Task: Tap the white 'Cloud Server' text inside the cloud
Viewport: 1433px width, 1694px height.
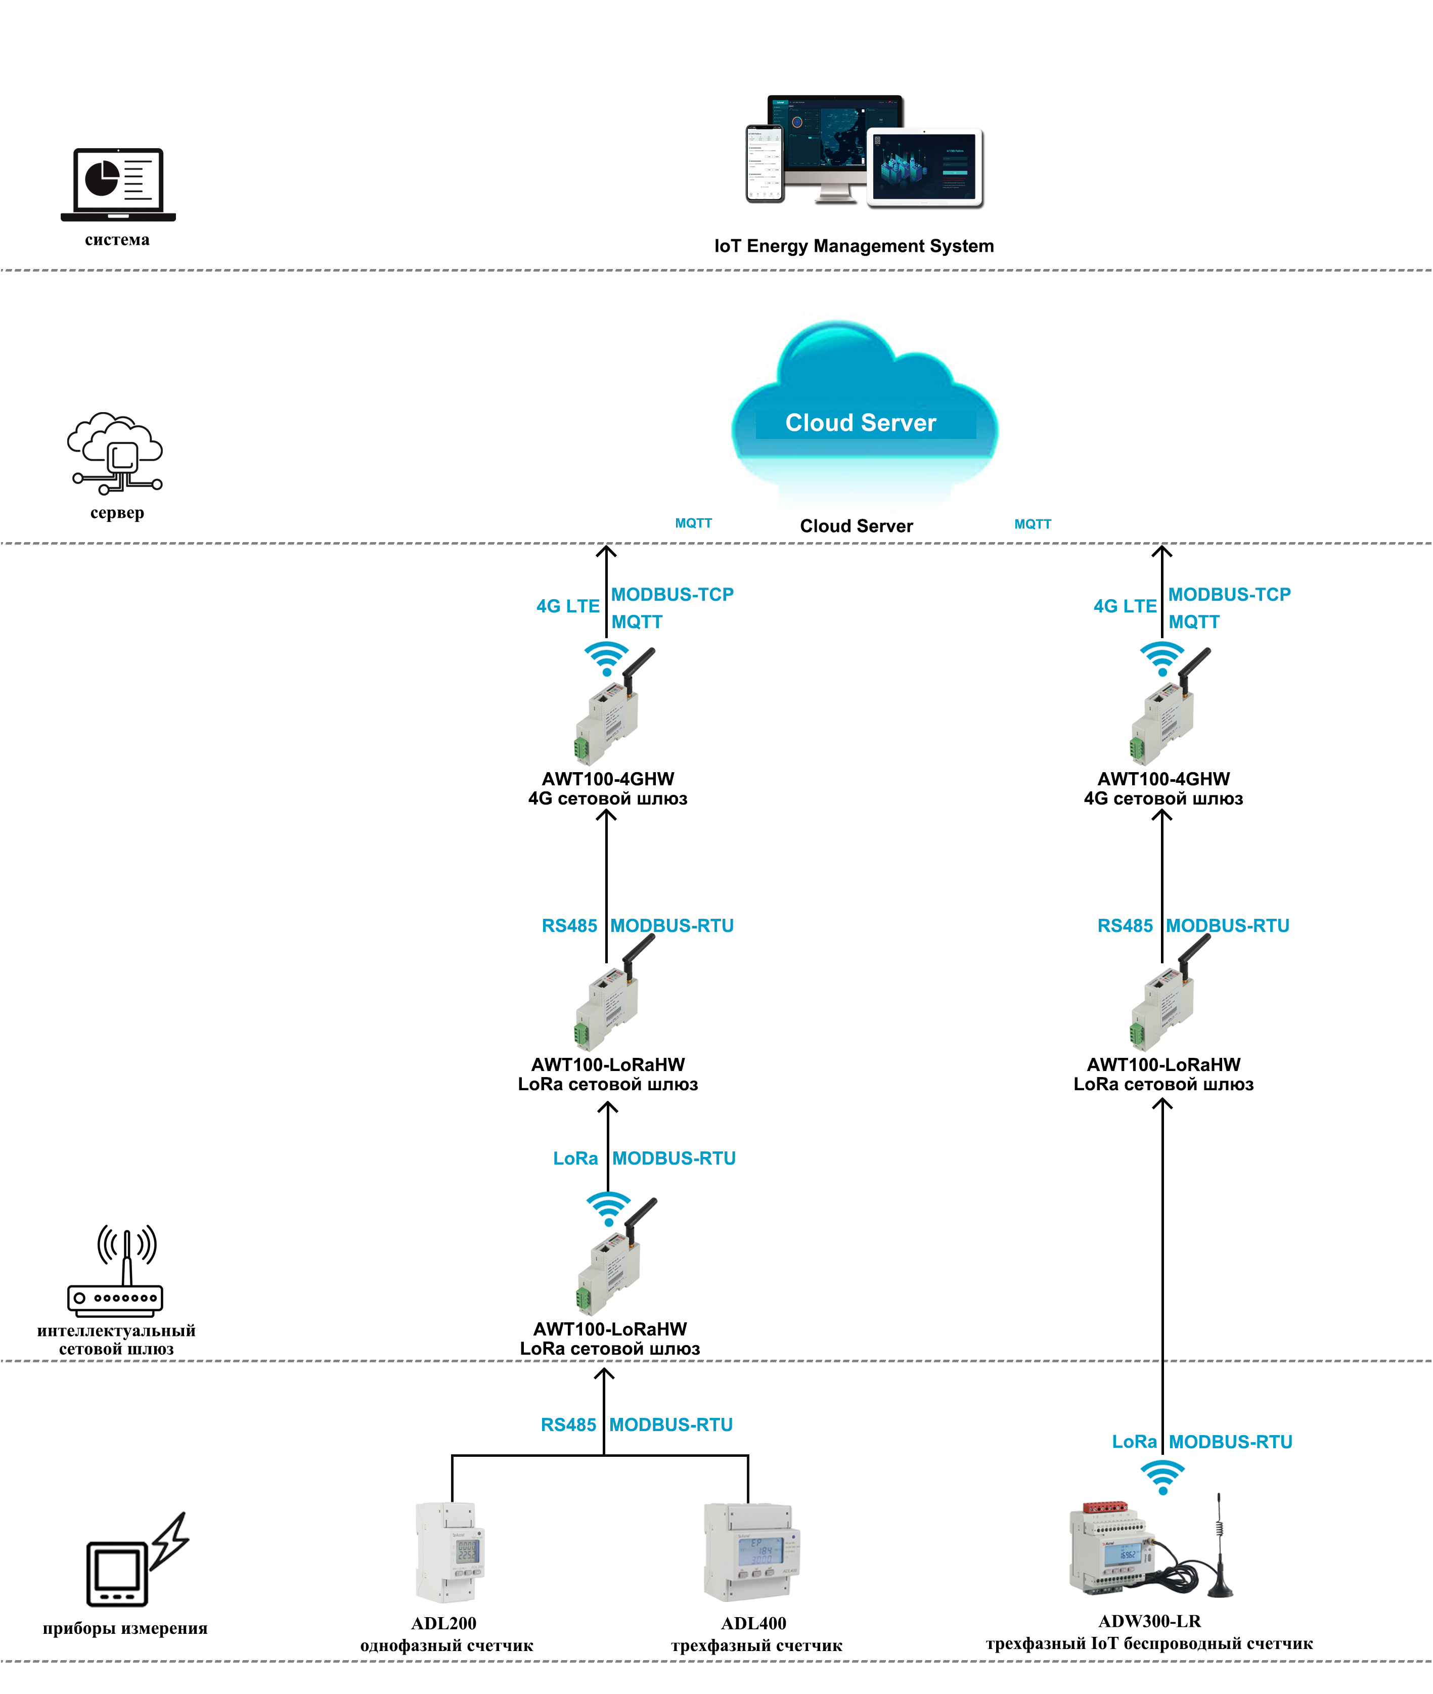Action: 860,422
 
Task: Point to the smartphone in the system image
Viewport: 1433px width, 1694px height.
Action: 765,163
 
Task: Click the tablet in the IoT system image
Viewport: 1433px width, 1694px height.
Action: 924,166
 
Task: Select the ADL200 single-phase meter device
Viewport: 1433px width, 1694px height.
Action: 449,1552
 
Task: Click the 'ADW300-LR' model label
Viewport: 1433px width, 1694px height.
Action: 1149,1621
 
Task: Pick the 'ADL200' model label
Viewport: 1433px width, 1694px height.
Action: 443,1623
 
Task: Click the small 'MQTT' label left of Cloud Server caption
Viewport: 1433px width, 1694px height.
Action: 693,523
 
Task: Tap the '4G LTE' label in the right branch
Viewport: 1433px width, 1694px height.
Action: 1125,606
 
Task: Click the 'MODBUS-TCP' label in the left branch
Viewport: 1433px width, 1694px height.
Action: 672,595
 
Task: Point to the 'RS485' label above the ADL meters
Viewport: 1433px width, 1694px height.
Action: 569,1425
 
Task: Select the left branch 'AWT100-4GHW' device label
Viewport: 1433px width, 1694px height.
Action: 608,778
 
